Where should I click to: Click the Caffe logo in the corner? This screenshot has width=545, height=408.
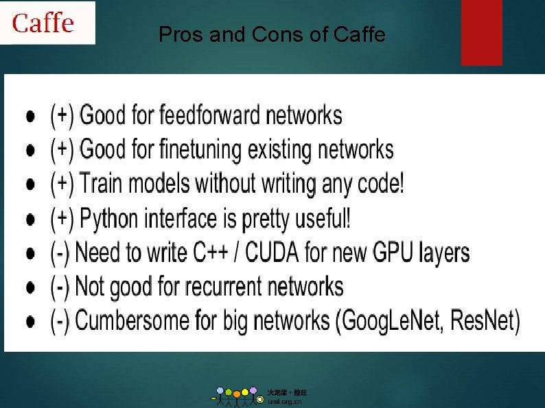(43, 23)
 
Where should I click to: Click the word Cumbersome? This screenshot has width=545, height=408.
(132, 320)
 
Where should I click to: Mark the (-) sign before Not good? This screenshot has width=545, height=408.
(60, 287)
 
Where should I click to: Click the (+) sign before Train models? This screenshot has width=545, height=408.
(62, 184)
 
